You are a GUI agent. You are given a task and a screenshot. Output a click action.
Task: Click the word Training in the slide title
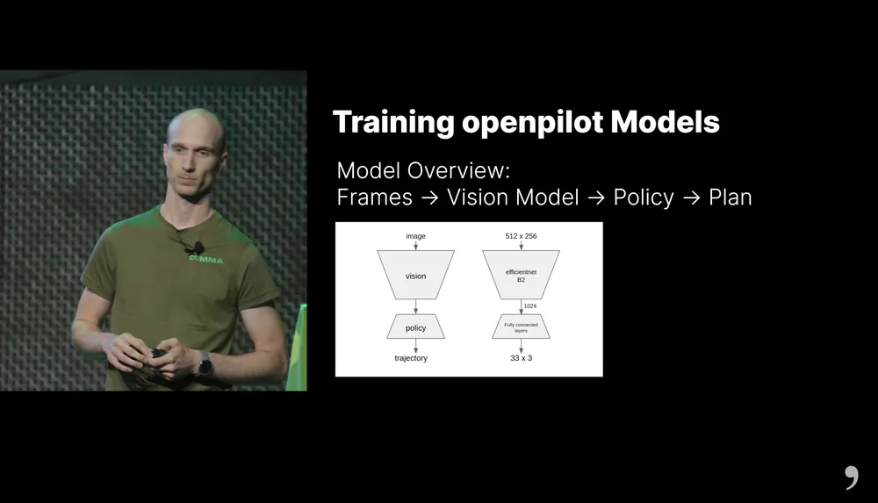[393, 123]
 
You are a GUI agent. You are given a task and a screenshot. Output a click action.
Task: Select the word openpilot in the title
[533, 123]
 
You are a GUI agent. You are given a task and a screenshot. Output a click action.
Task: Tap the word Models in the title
[665, 121]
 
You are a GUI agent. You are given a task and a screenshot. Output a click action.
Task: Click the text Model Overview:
[423, 170]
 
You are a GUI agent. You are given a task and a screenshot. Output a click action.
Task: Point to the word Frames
[375, 198]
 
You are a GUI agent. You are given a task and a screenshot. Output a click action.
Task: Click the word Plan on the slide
[730, 198]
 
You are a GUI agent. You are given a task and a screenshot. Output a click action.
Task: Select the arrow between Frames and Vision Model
[429, 198]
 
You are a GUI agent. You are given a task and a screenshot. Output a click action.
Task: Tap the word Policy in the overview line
[644, 198]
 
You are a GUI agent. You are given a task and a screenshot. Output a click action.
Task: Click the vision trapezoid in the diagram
[415, 275]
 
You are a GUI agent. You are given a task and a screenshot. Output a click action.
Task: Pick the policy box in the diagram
[415, 327]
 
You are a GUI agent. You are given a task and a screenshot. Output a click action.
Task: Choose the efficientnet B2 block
[521, 275]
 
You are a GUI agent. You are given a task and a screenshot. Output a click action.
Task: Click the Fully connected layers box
[521, 327]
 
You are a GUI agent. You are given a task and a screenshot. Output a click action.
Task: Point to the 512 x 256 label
[521, 236]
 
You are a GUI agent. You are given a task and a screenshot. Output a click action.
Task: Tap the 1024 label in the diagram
[530, 305]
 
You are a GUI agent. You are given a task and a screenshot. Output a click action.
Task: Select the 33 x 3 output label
[521, 358]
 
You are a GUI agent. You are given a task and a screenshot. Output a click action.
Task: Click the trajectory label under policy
[411, 358]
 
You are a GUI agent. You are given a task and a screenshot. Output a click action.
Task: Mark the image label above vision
[415, 236]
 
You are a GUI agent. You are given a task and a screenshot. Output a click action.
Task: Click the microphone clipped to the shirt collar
[198, 247]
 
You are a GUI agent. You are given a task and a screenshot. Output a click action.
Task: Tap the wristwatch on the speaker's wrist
[205, 366]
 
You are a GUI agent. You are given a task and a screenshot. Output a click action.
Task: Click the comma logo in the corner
[852, 478]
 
